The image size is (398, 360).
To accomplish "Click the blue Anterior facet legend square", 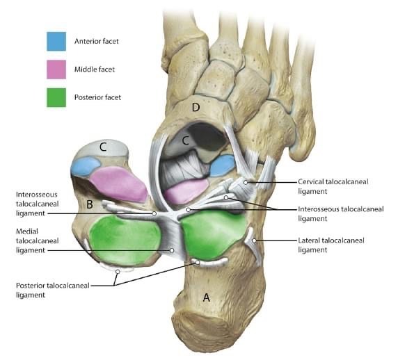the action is [x=56, y=41].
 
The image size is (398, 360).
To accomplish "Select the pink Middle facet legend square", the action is [x=56, y=69].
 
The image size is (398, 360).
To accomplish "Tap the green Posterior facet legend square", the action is [x=56, y=97].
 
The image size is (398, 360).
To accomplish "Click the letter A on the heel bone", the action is [x=207, y=297].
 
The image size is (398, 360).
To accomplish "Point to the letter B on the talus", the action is [x=90, y=204].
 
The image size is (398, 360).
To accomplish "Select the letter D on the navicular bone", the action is [x=196, y=108].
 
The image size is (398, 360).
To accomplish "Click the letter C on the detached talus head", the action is [x=103, y=147].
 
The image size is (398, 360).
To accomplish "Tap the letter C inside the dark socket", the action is [x=186, y=140].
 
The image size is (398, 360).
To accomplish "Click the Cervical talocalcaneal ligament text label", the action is [x=333, y=186].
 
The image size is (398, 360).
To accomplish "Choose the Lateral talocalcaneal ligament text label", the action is [x=331, y=245].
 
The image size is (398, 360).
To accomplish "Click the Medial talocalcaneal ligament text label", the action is [x=38, y=240].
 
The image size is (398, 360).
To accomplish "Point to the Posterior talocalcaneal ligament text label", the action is [x=53, y=290].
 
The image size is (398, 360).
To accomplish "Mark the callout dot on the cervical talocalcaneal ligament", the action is [x=246, y=182].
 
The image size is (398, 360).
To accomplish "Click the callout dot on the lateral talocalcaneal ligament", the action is [x=254, y=240].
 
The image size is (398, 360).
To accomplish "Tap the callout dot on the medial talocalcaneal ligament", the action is [x=172, y=250].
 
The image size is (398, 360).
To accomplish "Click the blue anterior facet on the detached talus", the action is [x=85, y=166].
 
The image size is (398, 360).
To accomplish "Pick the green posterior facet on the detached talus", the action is [x=125, y=240].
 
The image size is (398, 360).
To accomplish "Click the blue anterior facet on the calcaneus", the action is [x=223, y=165].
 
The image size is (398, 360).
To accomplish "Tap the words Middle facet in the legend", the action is [x=95, y=69].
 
